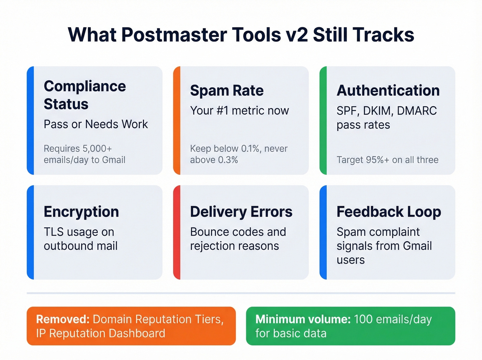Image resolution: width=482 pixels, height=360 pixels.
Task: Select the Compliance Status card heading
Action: click(85, 95)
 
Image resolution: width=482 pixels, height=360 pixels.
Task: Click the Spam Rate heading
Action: click(227, 91)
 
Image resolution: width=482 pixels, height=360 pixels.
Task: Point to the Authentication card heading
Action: click(388, 91)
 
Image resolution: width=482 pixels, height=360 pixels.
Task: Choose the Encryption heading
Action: click(81, 212)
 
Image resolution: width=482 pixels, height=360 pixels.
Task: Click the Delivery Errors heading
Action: click(241, 212)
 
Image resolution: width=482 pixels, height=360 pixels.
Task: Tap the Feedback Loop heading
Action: click(388, 212)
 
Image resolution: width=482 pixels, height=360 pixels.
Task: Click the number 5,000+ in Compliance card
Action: click(97, 149)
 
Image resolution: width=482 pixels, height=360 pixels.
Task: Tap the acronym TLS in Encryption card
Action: click(54, 232)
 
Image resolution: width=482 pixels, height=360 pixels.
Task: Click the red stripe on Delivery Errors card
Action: click(176, 232)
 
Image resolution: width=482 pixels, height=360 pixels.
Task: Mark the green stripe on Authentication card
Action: click(323, 120)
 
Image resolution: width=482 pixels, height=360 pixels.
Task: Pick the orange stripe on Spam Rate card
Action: click(176, 120)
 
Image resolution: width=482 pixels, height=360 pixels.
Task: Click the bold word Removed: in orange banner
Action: click(63, 319)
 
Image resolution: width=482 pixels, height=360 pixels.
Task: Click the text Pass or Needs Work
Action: click(96, 124)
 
